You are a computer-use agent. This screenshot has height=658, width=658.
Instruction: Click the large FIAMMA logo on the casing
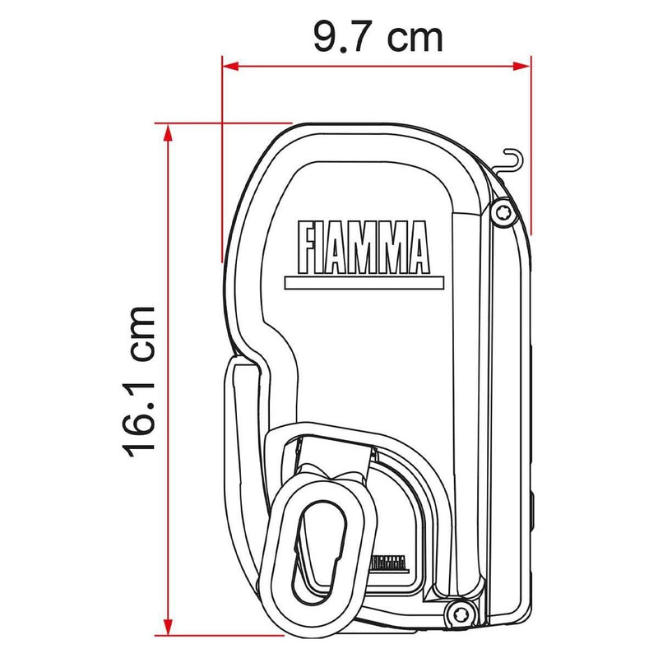pyautogui.click(x=361, y=247)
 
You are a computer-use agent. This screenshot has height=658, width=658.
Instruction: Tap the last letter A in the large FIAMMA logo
pyautogui.click(x=417, y=247)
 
